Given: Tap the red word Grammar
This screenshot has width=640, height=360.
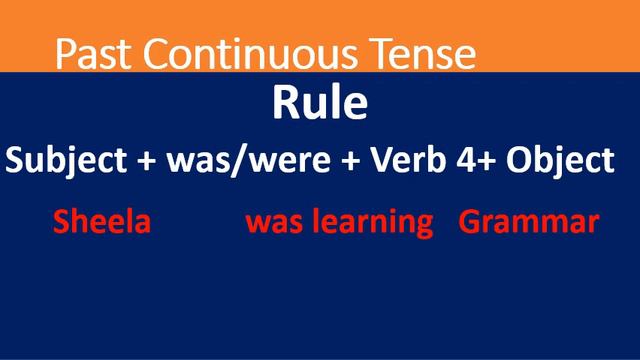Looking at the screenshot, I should (529, 222).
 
